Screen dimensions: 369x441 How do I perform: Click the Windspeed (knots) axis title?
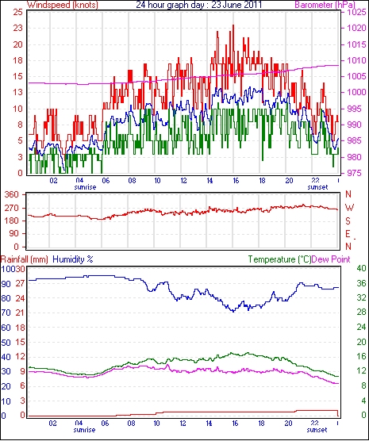[x=63, y=5]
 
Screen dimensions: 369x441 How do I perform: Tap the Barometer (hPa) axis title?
[x=325, y=5]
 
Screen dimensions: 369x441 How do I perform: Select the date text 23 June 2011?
[x=236, y=5]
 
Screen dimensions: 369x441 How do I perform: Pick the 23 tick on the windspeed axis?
[x=17, y=28]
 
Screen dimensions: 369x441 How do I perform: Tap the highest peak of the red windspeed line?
[x=233, y=25]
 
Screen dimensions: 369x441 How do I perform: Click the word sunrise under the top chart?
[x=85, y=187]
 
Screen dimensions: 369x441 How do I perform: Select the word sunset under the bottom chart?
[x=317, y=430]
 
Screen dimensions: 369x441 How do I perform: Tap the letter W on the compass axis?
[x=349, y=208]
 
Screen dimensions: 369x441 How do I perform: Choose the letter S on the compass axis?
[x=348, y=221]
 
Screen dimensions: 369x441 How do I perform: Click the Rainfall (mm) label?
[x=25, y=259]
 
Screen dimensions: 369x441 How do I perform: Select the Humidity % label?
[x=73, y=259]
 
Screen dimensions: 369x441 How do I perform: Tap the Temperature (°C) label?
[x=279, y=259]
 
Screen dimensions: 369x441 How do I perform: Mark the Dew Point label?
[x=331, y=259]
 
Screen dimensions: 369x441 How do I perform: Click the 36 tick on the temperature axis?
[x=361, y=283]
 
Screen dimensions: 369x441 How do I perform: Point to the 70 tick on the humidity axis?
[x=6, y=313]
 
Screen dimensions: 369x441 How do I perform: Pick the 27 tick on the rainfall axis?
[x=21, y=283]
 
